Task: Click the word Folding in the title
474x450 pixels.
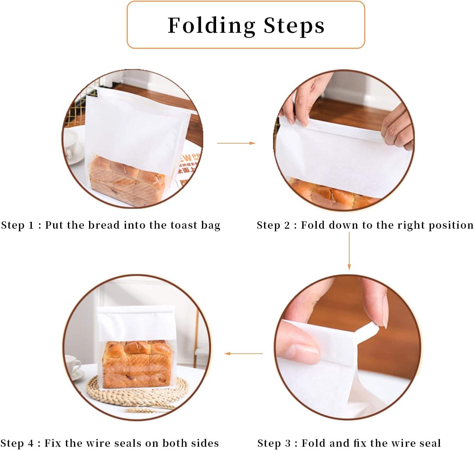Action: pos(212,26)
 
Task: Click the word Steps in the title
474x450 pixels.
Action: pos(294,26)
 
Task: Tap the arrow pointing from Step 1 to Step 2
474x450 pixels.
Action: pos(236,143)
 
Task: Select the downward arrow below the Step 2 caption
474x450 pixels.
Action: pos(349,251)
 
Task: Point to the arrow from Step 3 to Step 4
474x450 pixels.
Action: pos(243,353)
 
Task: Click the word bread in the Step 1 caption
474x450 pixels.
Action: pos(104,225)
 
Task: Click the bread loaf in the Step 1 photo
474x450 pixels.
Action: pos(127,180)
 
